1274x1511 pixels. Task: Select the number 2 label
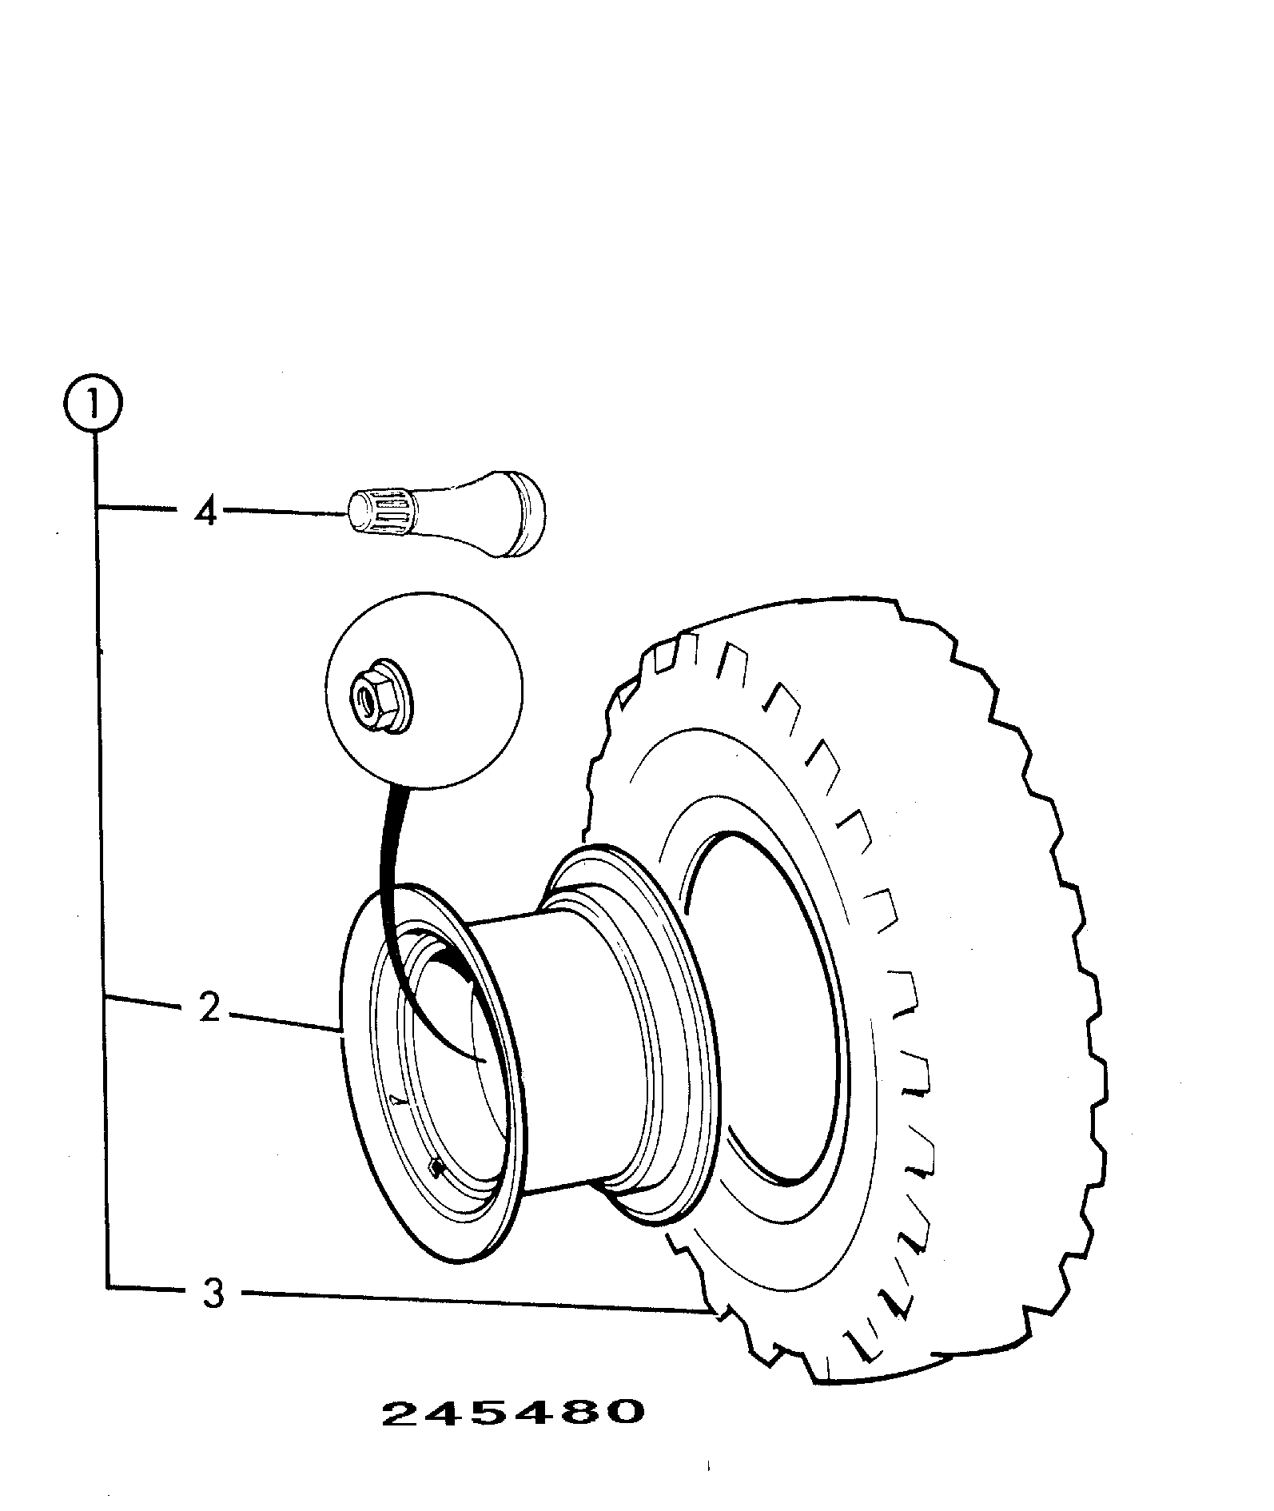[209, 1008]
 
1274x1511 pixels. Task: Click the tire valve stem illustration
[445, 516]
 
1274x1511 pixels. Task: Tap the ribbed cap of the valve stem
[379, 512]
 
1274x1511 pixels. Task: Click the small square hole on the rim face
[435, 1170]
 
